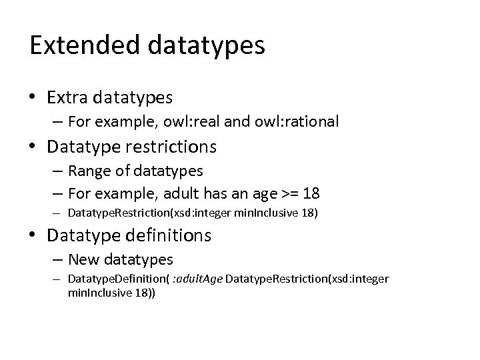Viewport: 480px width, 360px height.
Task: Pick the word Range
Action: tap(86, 171)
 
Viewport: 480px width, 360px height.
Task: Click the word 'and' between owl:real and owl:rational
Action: tap(234, 121)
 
